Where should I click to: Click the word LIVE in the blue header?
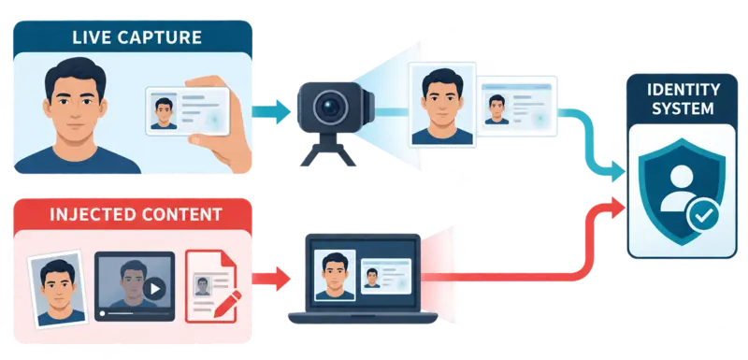coord(91,37)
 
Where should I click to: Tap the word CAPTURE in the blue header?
coord(159,37)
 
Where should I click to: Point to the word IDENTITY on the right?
coord(683,89)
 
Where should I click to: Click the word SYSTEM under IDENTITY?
coord(683,108)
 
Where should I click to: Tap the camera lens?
coord(330,107)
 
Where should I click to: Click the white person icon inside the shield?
coord(682,188)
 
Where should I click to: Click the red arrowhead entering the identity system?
coord(616,208)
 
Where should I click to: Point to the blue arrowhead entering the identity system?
coord(616,171)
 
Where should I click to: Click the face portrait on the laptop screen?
coord(336,275)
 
